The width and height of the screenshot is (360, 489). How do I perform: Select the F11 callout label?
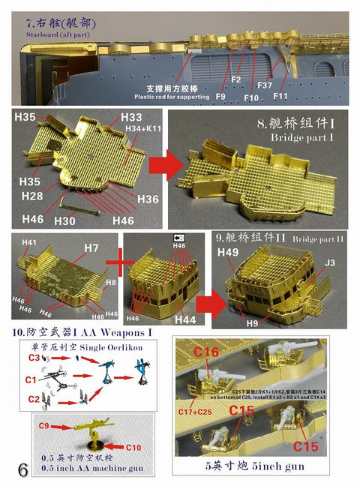(x=282, y=97)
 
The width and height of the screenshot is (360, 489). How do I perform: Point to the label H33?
(x=131, y=118)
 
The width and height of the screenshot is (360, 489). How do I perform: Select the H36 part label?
(x=148, y=198)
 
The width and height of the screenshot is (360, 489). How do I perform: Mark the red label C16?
(x=228, y=352)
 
